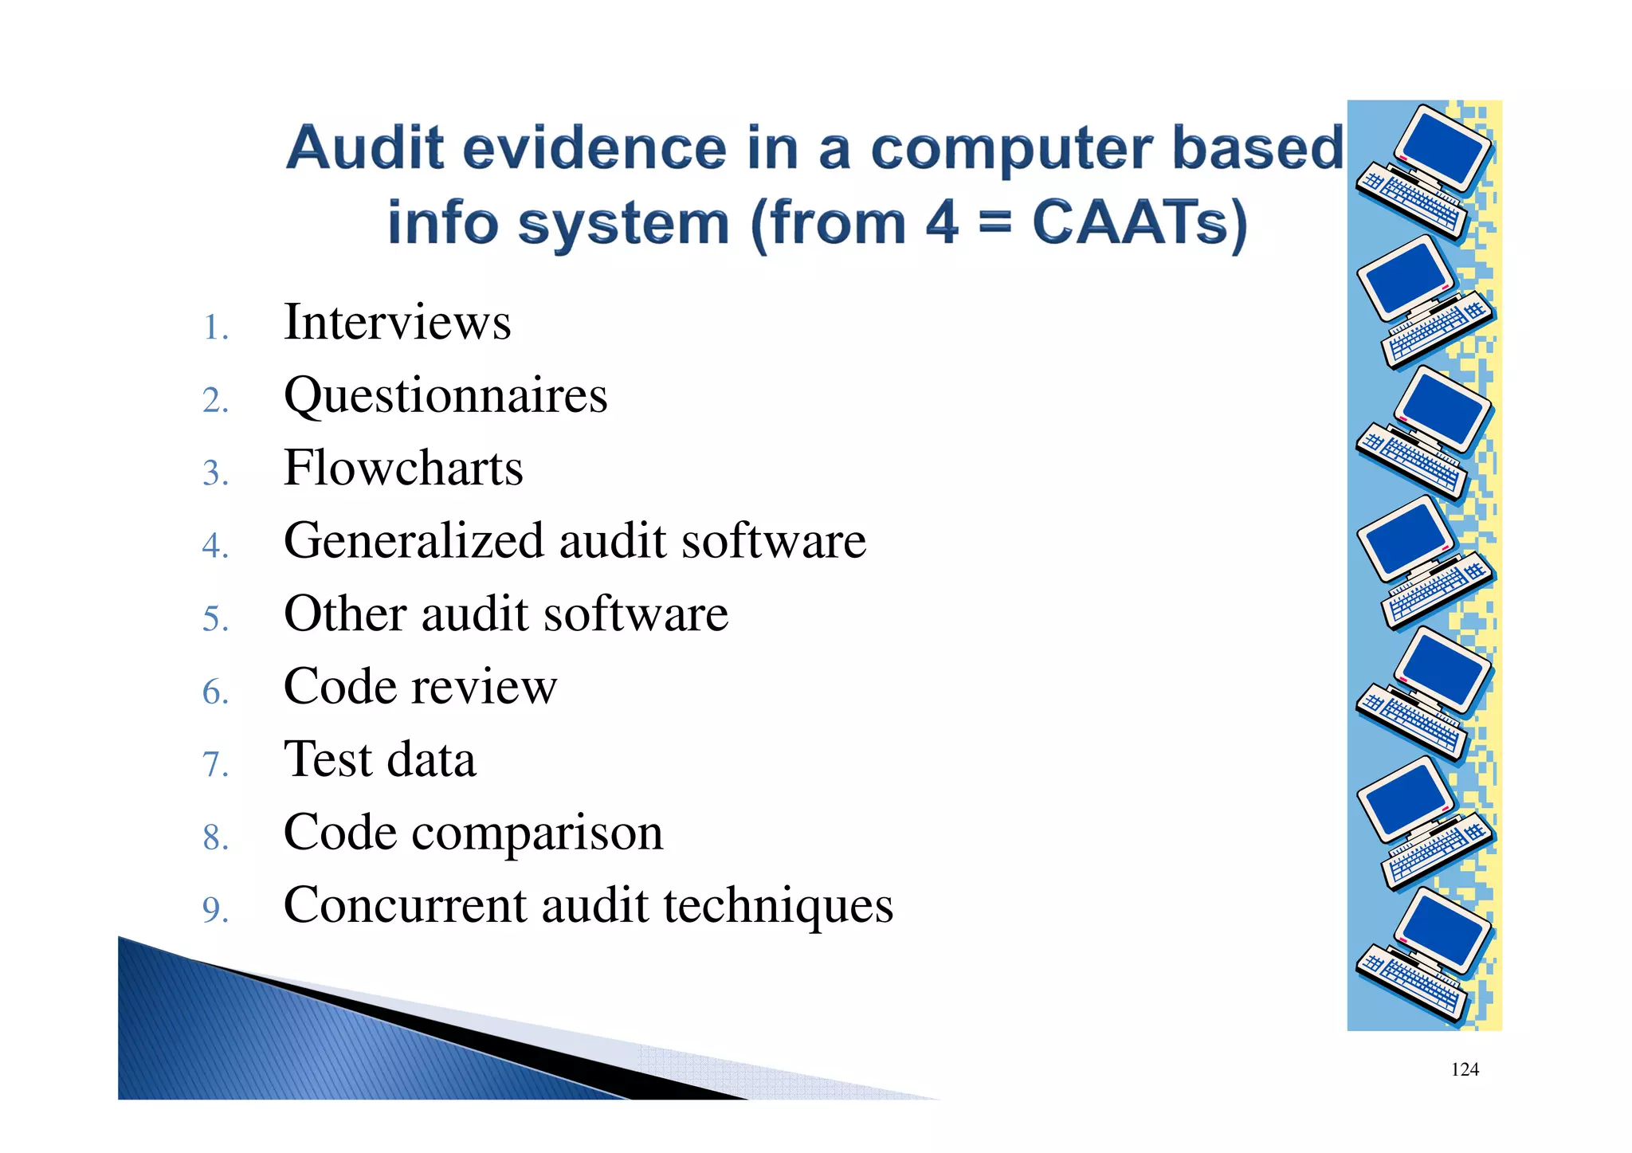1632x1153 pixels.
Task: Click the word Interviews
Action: (397, 323)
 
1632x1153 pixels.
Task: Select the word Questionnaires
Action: (445, 396)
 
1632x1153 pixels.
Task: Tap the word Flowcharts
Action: (403, 469)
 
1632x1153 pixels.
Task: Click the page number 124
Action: (1465, 1070)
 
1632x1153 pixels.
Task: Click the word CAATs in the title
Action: (1139, 223)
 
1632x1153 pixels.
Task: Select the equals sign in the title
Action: (994, 223)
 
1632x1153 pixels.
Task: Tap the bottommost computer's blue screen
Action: (1443, 930)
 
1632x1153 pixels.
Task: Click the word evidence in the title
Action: (594, 149)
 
